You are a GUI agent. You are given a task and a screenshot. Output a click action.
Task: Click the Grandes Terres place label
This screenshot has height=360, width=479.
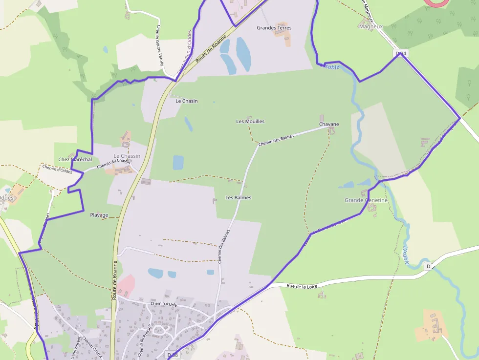point(274,28)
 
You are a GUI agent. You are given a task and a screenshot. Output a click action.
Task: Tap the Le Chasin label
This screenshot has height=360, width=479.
point(187,101)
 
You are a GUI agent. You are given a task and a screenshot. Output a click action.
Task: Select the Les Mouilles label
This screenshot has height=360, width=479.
point(250,122)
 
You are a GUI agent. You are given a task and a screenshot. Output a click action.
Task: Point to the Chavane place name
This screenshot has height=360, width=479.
point(329,125)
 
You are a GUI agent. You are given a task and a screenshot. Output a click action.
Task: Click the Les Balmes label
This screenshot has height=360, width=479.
point(239,198)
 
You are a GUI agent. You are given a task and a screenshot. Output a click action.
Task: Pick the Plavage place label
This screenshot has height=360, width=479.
point(99,215)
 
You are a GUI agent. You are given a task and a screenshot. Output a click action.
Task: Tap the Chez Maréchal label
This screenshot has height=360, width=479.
point(75,160)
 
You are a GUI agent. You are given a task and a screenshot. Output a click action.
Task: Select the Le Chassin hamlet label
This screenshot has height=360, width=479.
point(127,156)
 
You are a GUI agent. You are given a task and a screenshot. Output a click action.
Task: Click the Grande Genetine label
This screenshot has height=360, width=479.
point(366,200)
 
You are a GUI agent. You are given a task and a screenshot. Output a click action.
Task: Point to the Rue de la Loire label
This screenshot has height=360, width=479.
point(303,286)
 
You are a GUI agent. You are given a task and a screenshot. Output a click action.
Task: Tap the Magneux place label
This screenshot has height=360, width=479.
point(370,27)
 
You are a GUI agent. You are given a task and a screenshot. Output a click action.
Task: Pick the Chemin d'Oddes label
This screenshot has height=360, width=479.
point(57,169)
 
